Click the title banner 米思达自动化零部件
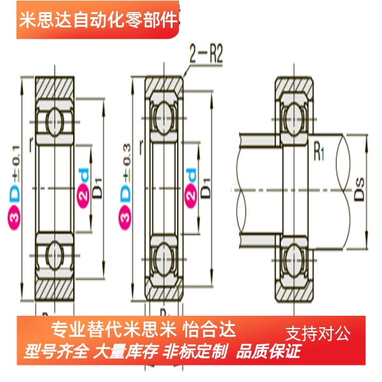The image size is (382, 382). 99,21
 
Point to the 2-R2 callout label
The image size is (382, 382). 205,55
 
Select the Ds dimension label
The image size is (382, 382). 360,190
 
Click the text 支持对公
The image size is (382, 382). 318,332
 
